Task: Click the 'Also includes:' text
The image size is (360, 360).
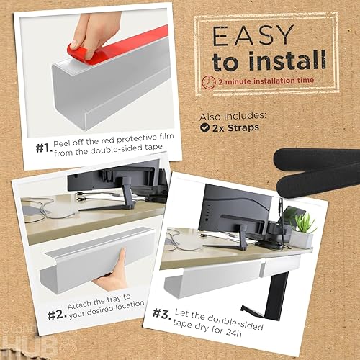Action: [232, 115]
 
